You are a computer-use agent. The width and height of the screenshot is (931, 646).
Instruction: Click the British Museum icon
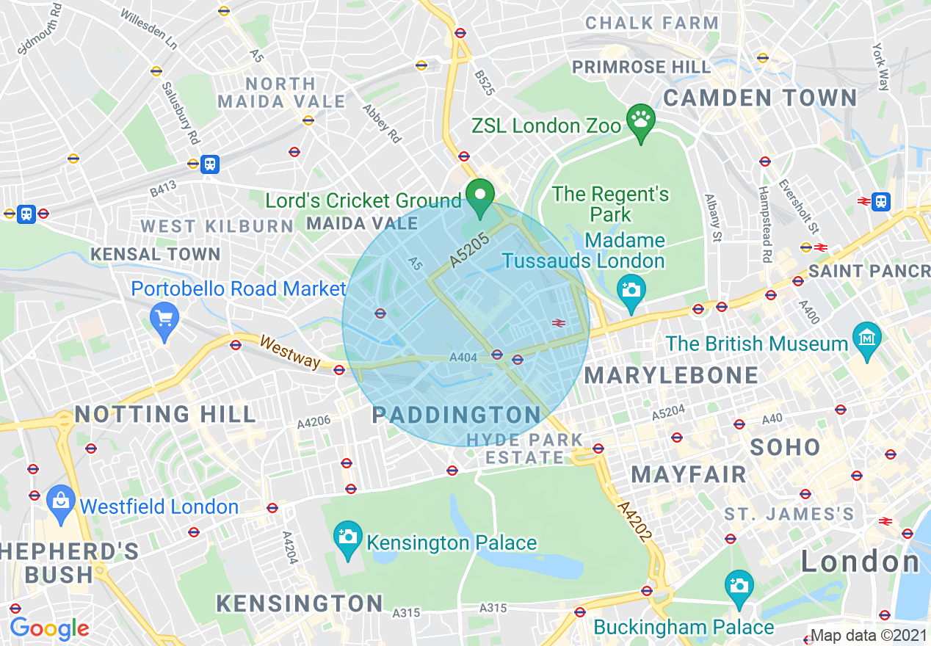867,338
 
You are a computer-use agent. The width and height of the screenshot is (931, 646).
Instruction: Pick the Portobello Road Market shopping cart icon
164,319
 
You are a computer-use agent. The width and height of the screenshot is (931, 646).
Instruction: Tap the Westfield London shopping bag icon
61,501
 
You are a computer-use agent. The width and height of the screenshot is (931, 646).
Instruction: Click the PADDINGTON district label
457,415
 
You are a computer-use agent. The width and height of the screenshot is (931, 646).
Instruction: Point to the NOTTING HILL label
165,414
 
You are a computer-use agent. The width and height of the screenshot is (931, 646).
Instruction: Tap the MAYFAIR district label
689,474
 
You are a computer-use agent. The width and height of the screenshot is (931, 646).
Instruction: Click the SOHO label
785,446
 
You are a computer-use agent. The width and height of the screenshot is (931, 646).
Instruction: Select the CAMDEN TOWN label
760,98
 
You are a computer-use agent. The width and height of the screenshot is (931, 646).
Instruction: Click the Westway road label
291,352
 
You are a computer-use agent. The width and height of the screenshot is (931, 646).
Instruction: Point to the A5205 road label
470,249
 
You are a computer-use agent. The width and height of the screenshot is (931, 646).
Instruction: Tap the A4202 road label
634,523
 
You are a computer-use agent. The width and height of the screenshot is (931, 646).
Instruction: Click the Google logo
49,628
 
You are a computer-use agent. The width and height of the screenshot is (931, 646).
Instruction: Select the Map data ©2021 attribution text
869,636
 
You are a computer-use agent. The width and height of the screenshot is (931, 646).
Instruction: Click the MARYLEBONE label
671,375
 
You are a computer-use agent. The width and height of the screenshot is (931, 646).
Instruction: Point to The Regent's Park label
610,204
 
